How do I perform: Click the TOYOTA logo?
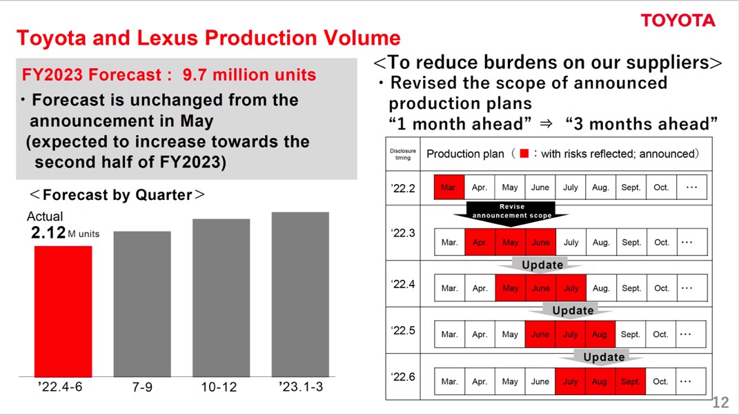click(x=678, y=20)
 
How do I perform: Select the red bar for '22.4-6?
click(x=63, y=312)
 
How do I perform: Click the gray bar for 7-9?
click(x=142, y=304)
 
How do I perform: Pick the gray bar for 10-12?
click(x=221, y=298)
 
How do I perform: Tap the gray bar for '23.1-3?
click(x=300, y=294)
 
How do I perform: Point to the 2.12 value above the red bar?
click(x=48, y=232)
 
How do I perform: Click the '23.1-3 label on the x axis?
click(x=301, y=387)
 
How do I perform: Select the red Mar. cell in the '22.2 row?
click(x=449, y=187)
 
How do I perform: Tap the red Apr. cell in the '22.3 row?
click(x=480, y=242)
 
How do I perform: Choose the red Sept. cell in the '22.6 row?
click(x=630, y=381)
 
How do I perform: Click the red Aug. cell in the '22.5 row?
click(x=600, y=334)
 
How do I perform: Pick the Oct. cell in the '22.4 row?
click(x=661, y=288)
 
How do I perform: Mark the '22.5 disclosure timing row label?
click(x=403, y=330)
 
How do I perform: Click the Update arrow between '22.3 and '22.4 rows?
click(x=542, y=265)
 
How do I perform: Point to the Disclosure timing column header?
click(x=403, y=154)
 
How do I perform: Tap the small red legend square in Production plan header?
click(x=524, y=154)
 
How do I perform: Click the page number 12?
click(x=720, y=403)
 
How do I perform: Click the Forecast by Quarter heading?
click(x=117, y=194)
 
